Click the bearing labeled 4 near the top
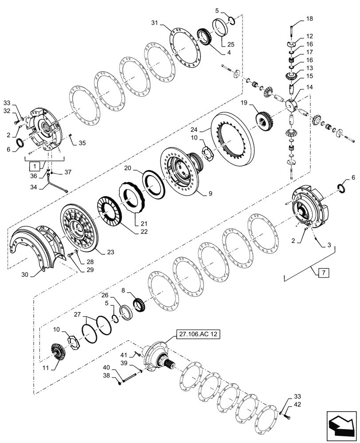[203, 35]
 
